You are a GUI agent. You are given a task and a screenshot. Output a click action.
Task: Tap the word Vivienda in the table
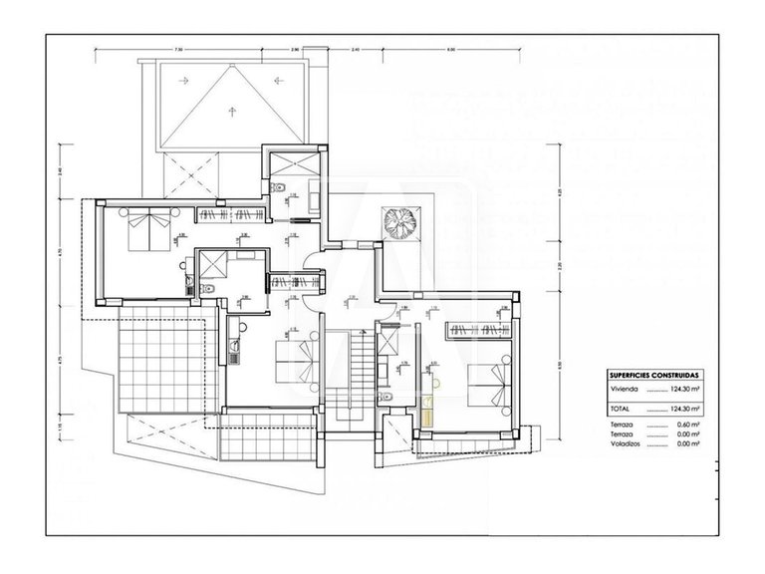(x=625, y=392)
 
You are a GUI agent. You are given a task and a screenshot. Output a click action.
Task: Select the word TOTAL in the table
(x=620, y=409)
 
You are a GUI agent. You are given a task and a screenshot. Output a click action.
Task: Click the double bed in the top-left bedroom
(x=148, y=228)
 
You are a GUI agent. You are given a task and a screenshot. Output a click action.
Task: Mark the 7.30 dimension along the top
(x=176, y=48)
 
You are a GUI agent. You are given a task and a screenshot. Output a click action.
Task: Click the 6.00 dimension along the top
(x=449, y=48)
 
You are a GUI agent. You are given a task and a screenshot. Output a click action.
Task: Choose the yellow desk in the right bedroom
(x=428, y=409)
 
